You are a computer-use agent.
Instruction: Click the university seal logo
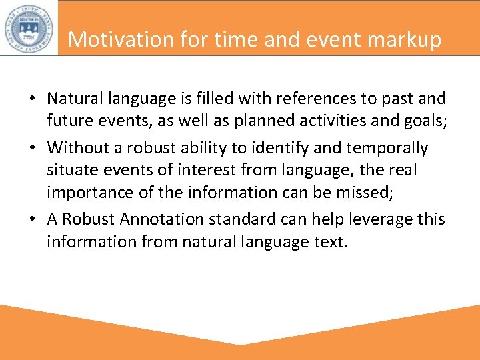point(28,27)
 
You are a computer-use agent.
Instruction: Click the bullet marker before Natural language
point(32,99)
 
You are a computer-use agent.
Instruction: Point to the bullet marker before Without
point(32,147)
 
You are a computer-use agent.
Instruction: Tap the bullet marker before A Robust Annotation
point(32,219)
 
